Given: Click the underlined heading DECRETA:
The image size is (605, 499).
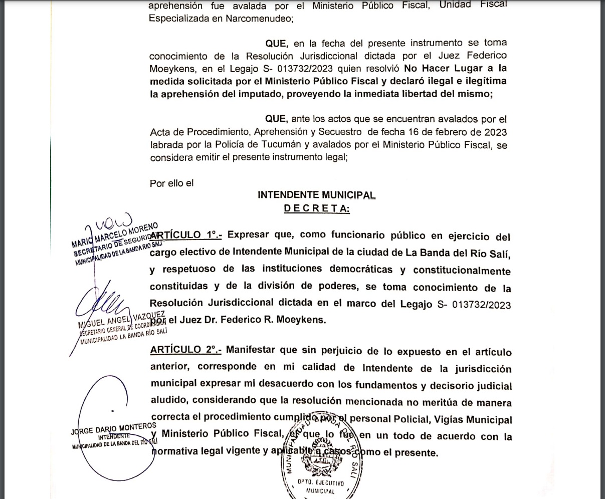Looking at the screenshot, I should [x=317, y=209].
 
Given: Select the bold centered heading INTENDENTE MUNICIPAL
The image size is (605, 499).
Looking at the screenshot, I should [x=316, y=195].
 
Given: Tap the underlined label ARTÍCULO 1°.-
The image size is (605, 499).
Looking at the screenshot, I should [x=186, y=235].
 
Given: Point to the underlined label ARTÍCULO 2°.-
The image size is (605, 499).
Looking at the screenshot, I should [x=186, y=350].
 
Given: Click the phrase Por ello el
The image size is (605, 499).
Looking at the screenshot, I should [x=171, y=183].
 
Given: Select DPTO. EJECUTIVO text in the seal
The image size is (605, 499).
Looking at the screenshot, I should [x=321, y=483].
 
